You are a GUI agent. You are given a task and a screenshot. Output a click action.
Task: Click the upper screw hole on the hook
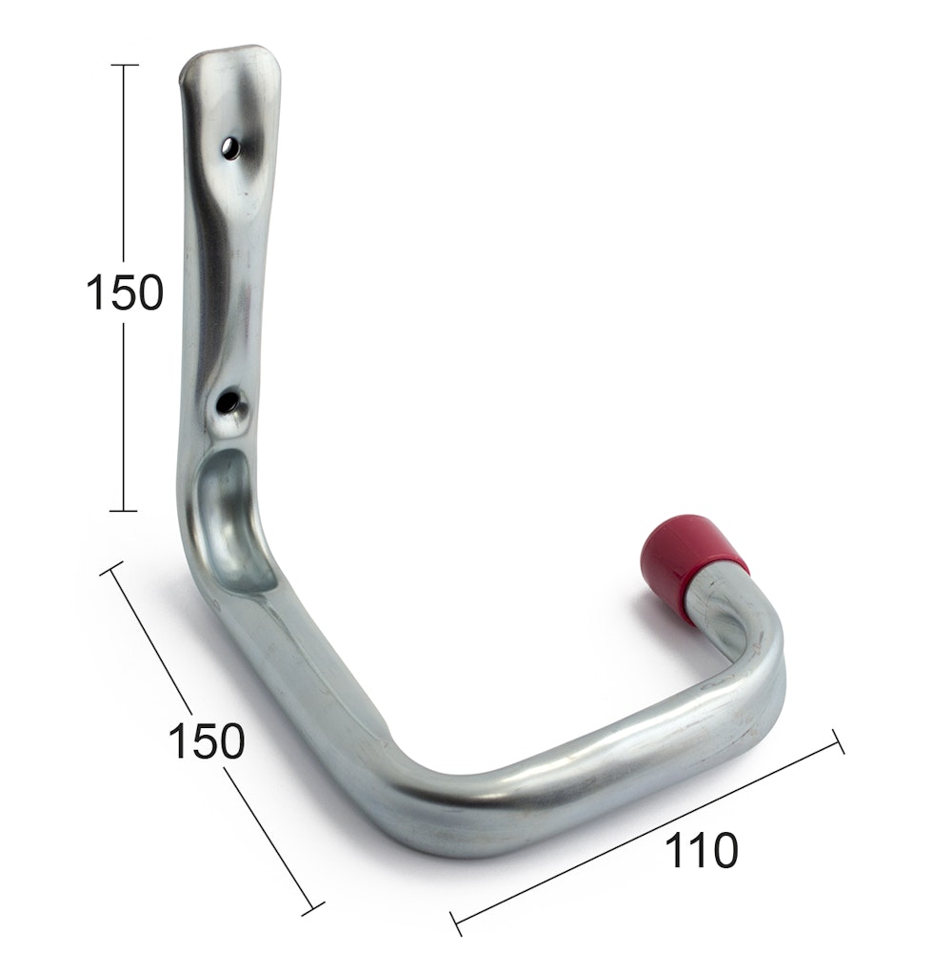[229, 148]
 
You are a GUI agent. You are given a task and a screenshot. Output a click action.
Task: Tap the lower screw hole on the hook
[228, 400]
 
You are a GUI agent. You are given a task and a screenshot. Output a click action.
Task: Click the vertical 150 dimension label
[125, 293]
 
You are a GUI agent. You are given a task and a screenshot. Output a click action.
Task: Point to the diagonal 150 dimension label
[206, 740]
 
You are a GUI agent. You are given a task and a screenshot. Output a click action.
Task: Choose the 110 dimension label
[702, 851]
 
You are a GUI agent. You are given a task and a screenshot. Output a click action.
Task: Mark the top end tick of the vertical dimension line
[123, 65]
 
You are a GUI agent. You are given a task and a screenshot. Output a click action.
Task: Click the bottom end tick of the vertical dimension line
[123, 511]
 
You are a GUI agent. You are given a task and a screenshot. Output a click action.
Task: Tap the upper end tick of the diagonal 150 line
[111, 568]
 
